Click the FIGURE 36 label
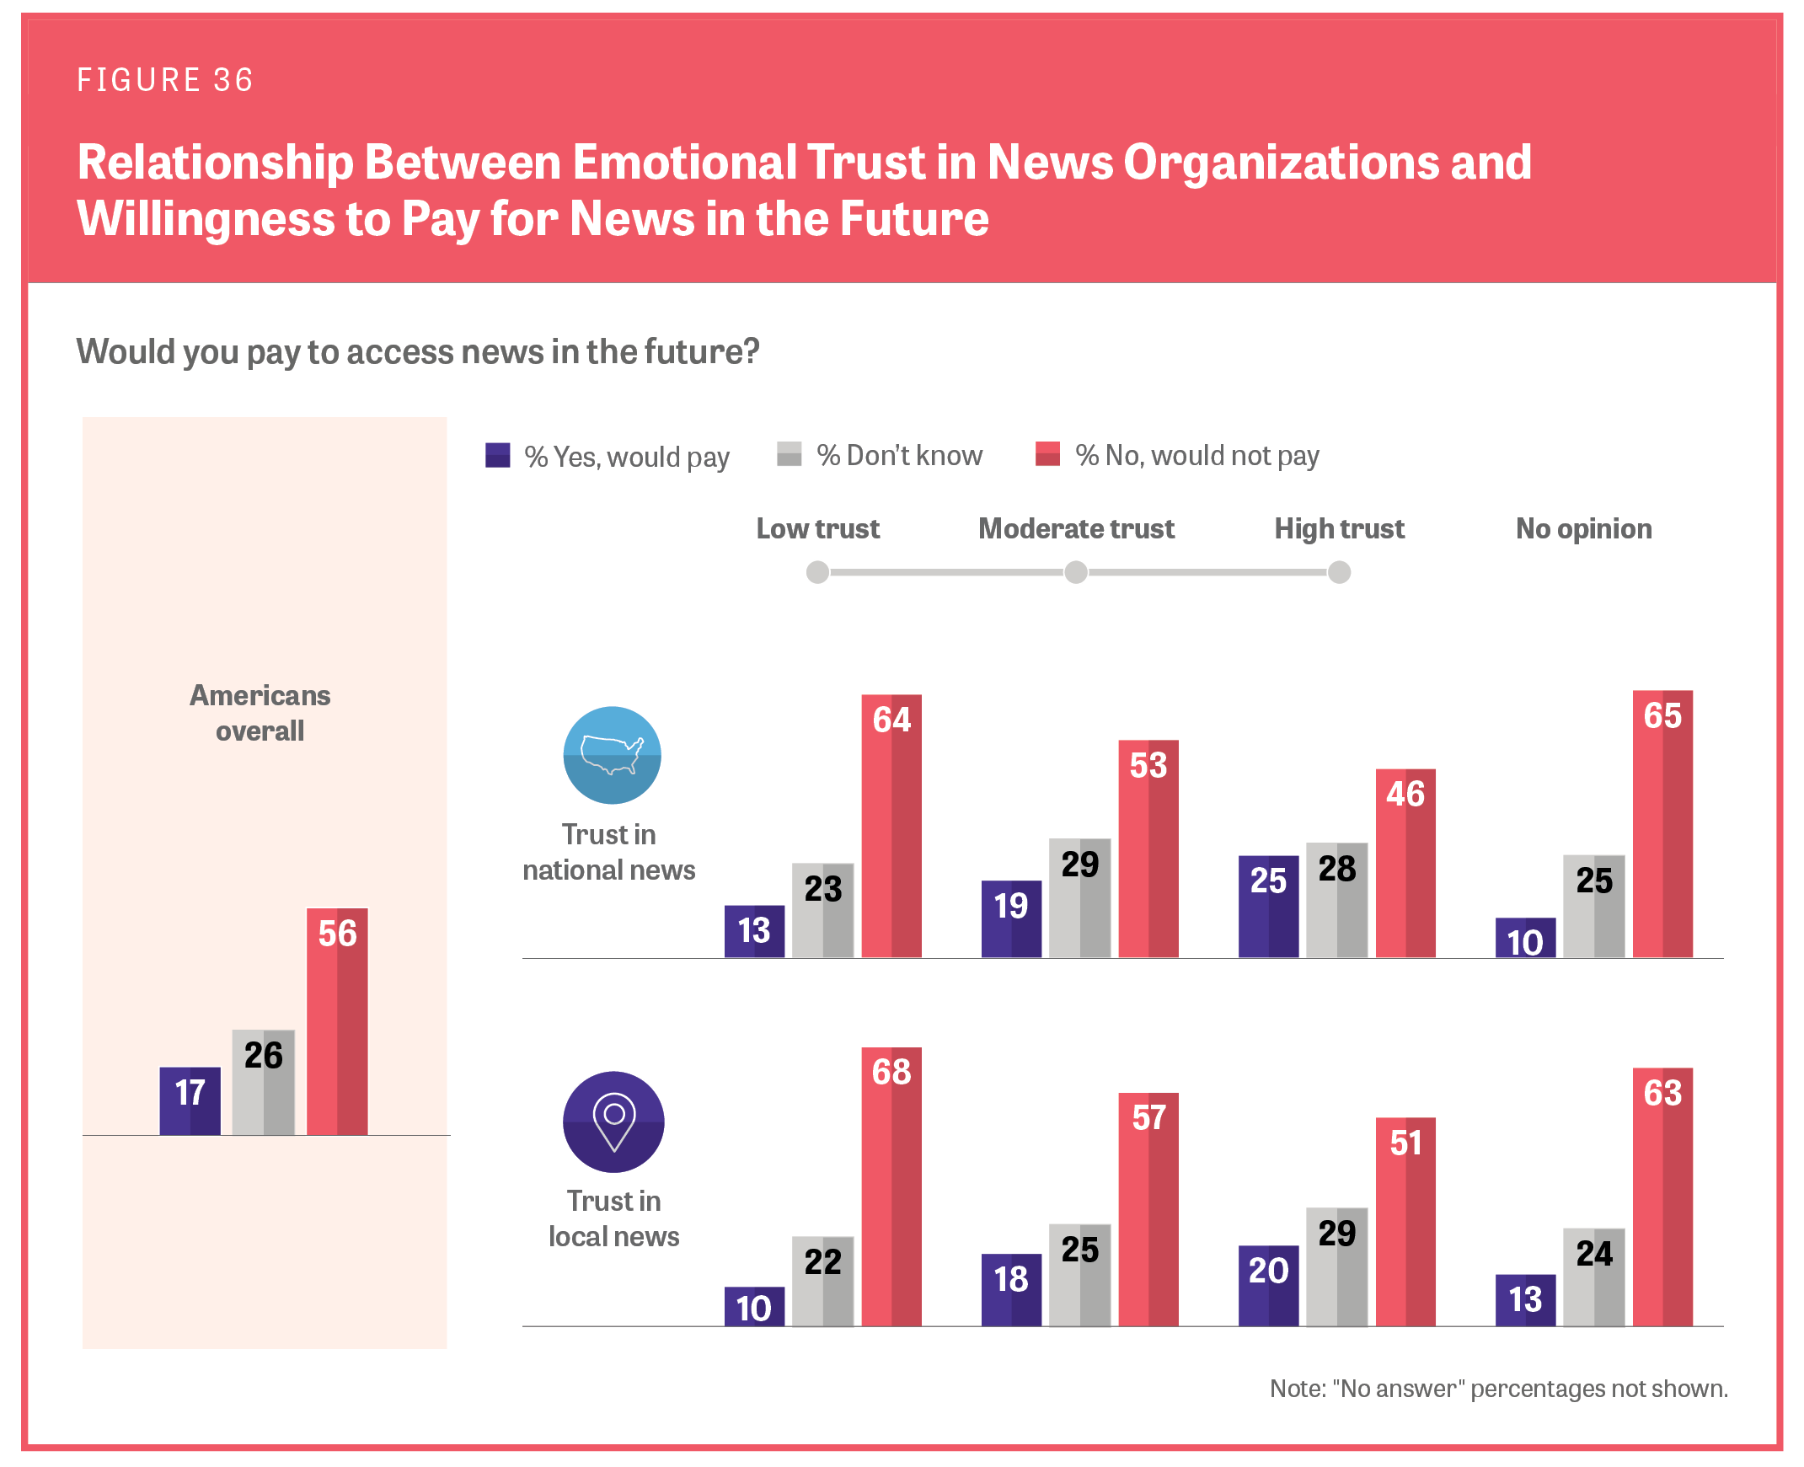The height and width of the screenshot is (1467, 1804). point(165,80)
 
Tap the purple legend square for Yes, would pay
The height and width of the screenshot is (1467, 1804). point(498,456)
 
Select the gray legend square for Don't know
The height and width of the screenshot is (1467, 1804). point(790,454)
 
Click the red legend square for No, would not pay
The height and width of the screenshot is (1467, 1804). point(1047,454)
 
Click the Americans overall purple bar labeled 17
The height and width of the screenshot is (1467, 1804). point(190,1100)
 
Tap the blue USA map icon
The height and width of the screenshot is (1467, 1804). point(612,755)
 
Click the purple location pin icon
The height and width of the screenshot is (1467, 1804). point(613,1122)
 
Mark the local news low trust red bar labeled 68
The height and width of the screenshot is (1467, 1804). point(891,1186)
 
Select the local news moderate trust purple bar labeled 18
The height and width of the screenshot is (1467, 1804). point(1011,1289)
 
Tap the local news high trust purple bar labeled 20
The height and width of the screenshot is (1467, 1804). point(1268,1285)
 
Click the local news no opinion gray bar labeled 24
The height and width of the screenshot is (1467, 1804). point(1593,1277)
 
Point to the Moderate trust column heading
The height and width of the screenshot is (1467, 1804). point(1076,529)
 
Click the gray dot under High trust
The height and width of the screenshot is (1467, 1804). point(1339,573)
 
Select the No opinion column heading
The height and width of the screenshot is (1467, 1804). point(1583,529)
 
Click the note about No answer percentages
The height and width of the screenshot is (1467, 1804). point(1498,1389)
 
